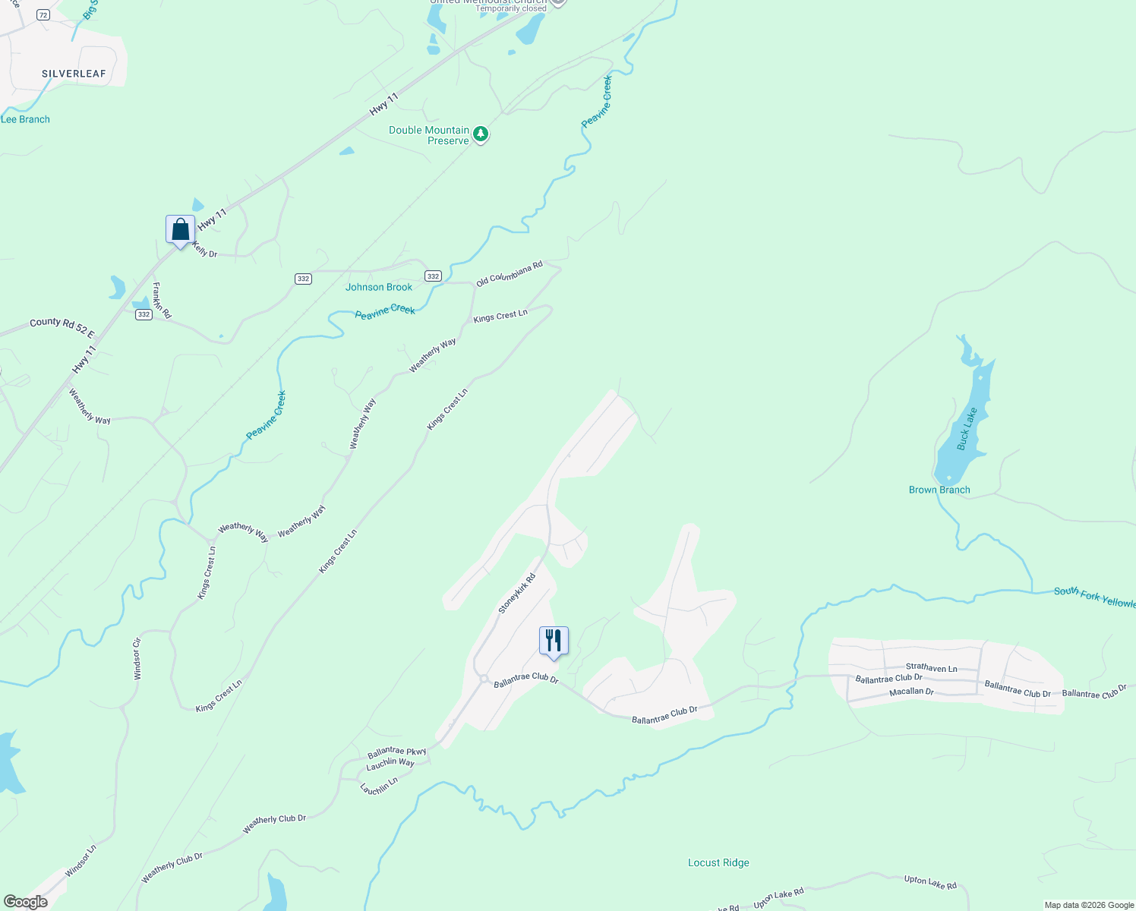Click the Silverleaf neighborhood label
(74, 74)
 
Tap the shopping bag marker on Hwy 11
(180, 229)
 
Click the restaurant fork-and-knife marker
(554, 641)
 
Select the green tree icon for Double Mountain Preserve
(480, 134)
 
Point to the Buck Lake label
(967, 429)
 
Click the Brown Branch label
(939, 490)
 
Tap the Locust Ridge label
(718, 862)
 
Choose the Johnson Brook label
(379, 287)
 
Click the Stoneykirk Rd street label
(517, 594)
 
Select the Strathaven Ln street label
(931, 668)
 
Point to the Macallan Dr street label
(911, 692)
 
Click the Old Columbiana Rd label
(510, 273)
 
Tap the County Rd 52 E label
(62, 327)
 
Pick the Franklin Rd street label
(162, 301)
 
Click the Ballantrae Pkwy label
(397, 752)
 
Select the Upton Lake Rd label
(930, 881)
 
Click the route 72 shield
(43, 15)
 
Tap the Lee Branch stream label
(25, 119)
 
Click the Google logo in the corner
(26, 902)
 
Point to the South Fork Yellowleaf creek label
(1094, 597)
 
